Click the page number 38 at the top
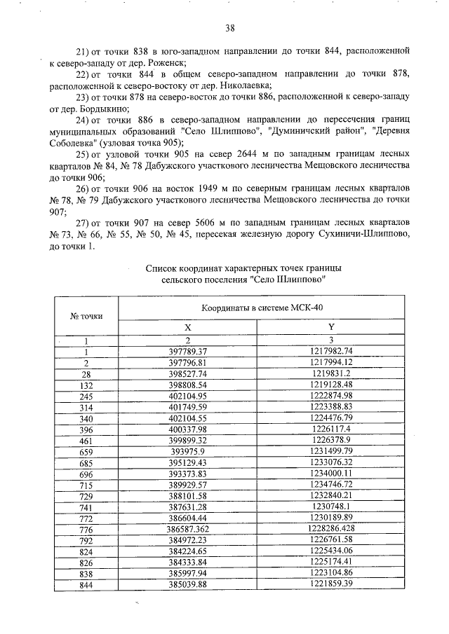pos(229,28)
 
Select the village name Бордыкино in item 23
pos(105,109)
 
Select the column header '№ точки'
pos(86,315)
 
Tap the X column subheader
pos(187,327)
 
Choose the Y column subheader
pos(330,327)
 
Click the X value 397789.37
pos(188,350)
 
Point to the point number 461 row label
pos(86,441)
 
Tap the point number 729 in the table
pos(86,497)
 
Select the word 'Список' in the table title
pos(161,267)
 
